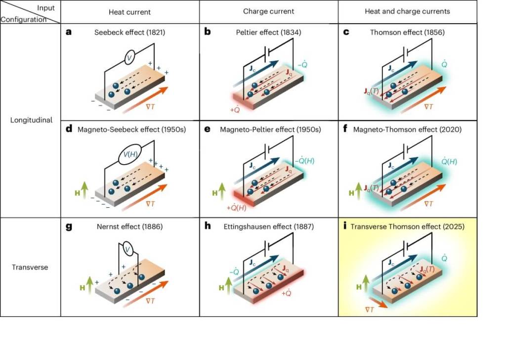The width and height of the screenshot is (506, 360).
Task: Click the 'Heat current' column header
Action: point(130,11)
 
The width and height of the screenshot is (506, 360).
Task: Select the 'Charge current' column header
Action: point(268,11)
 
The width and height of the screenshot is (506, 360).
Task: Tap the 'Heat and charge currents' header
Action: point(407,11)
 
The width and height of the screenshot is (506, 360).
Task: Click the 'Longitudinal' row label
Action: point(31,120)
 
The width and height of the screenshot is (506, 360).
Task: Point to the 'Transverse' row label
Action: point(30,268)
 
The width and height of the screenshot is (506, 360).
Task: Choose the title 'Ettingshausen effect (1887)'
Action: point(273,227)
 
